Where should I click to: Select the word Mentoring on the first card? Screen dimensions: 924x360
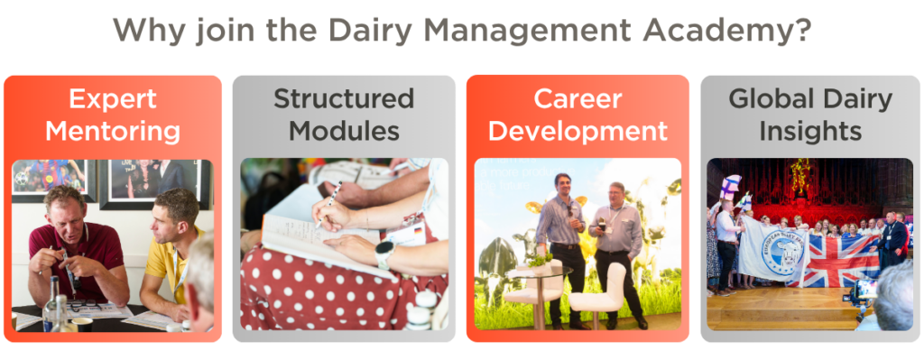(113, 131)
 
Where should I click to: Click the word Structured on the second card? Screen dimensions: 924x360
(344, 98)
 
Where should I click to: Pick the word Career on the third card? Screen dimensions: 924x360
(577, 98)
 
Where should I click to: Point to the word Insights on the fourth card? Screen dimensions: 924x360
(810, 131)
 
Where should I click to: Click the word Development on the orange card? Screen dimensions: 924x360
(577, 131)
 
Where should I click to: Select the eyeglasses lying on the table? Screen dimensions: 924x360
(82, 306)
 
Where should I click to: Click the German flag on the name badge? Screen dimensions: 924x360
(419, 231)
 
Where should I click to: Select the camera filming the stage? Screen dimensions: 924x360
(864, 291)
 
